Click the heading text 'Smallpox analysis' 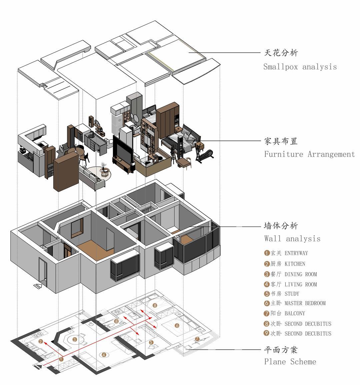(300, 67)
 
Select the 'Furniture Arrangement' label (309, 154)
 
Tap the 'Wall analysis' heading (292, 239)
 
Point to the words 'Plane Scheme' (290, 362)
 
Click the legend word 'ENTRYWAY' (296, 253)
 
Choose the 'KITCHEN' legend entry (295, 264)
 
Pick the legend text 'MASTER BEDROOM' (305, 303)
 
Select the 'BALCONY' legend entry (295, 313)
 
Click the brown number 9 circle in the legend (266, 333)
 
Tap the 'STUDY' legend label (292, 294)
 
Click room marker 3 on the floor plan (75, 340)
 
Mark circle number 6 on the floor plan (177, 325)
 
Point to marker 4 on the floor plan (104, 355)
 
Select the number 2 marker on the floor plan (40, 342)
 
